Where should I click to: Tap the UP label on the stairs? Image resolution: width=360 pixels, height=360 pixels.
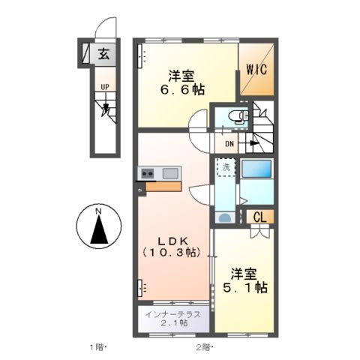106,87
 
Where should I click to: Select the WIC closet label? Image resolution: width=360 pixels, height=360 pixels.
256,70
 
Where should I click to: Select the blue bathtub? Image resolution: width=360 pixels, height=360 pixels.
256,169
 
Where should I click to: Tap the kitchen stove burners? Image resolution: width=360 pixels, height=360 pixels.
147,174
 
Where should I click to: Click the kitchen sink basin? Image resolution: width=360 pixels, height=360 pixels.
169,174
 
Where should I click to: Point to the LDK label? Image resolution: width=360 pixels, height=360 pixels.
171,240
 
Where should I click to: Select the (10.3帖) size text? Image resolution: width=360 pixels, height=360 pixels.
171,253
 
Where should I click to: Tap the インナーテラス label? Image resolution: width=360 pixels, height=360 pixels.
172,313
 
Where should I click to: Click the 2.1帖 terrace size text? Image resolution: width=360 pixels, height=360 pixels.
172,323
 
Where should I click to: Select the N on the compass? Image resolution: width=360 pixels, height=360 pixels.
98,211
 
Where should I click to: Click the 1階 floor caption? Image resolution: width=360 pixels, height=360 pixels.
98,347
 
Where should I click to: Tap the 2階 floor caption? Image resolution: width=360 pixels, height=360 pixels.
203,347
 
